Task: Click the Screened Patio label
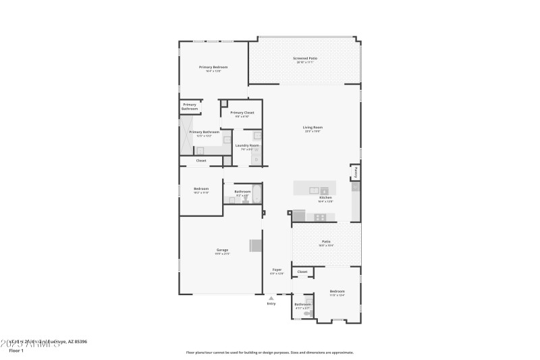[305, 59]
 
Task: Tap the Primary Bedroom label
[213, 68]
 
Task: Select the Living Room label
[313, 128]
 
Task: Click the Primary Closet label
[242, 113]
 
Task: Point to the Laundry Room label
[246, 146]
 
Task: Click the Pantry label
[356, 173]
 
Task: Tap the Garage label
[222, 251]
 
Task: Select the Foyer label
[276, 269]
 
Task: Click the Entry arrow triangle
[271, 297]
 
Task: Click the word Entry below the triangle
[271, 304]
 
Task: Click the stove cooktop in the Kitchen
[320, 217]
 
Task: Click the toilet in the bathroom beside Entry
[308, 313]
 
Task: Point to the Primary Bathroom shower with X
[184, 134]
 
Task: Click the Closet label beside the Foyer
[302, 272]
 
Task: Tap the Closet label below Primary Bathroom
[201, 161]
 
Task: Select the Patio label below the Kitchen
[326, 241]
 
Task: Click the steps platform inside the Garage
[256, 245]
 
